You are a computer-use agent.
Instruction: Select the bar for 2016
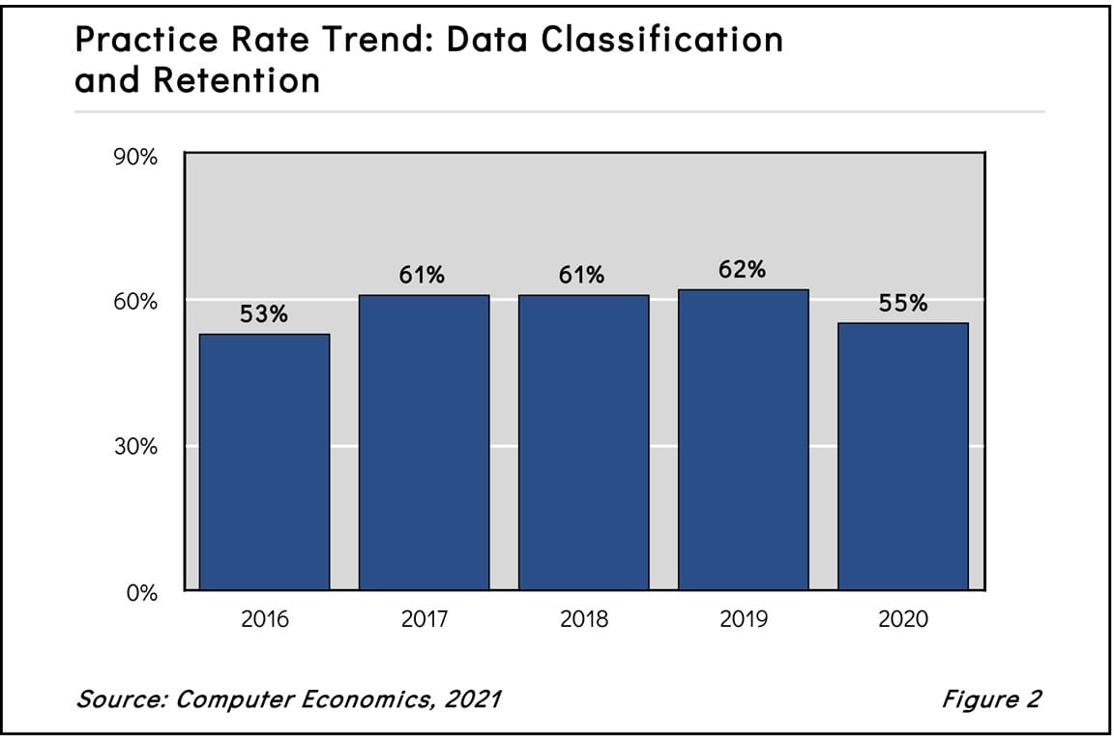pos(264,461)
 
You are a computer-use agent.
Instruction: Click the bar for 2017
pos(424,442)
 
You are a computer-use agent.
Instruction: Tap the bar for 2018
pos(583,442)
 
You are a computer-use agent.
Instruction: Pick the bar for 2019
pos(743,439)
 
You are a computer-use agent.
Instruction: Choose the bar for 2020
pos(902,457)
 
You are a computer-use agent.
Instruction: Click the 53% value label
pos(264,314)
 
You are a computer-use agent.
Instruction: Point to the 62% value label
pos(743,270)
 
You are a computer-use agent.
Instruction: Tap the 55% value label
pos(903,303)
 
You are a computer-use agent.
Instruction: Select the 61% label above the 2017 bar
pos(423,276)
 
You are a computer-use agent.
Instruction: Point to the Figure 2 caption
pos(991,698)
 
